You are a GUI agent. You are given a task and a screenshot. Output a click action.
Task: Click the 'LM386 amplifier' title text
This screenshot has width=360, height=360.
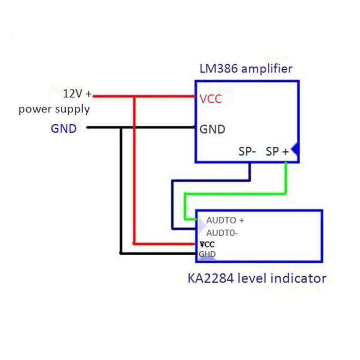(x=246, y=69)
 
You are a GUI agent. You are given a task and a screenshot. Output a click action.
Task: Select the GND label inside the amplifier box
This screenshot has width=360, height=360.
(x=212, y=129)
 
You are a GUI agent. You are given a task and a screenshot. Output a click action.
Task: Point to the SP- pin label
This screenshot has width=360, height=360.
(x=247, y=152)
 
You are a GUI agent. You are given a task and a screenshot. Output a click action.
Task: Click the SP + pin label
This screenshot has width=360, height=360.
(x=277, y=152)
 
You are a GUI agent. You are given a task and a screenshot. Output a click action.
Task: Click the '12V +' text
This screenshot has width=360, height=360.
(x=77, y=94)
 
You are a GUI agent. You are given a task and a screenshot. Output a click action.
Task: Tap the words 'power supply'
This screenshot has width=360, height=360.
(x=54, y=109)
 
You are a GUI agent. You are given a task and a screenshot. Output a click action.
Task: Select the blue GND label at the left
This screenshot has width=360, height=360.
(x=63, y=129)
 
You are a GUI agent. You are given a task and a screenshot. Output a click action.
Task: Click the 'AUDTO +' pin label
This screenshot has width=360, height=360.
(x=225, y=221)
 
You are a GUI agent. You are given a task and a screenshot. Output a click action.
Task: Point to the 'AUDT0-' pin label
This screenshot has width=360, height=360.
(x=222, y=234)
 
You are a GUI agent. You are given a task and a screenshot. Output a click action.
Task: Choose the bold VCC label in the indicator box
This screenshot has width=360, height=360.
(x=207, y=244)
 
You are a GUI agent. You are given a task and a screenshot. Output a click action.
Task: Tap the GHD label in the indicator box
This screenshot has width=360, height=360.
(x=207, y=254)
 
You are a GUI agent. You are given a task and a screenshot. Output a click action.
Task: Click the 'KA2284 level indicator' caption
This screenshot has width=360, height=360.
(x=256, y=278)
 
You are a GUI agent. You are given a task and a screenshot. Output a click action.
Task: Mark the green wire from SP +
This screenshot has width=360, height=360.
(x=234, y=193)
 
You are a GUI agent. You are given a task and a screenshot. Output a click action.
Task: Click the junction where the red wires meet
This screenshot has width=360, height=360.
(x=134, y=96)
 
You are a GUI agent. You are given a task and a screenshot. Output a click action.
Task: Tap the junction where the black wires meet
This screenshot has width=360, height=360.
(x=121, y=128)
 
